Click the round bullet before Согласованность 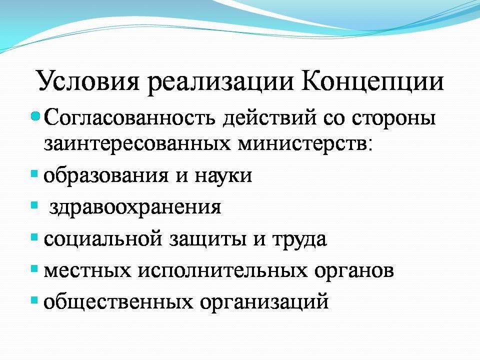(36, 116)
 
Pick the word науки (223, 175)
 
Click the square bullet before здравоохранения (34, 204)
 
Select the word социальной (103, 239)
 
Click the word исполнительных (222, 270)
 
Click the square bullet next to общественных (34, 300)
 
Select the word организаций (264, 302)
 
